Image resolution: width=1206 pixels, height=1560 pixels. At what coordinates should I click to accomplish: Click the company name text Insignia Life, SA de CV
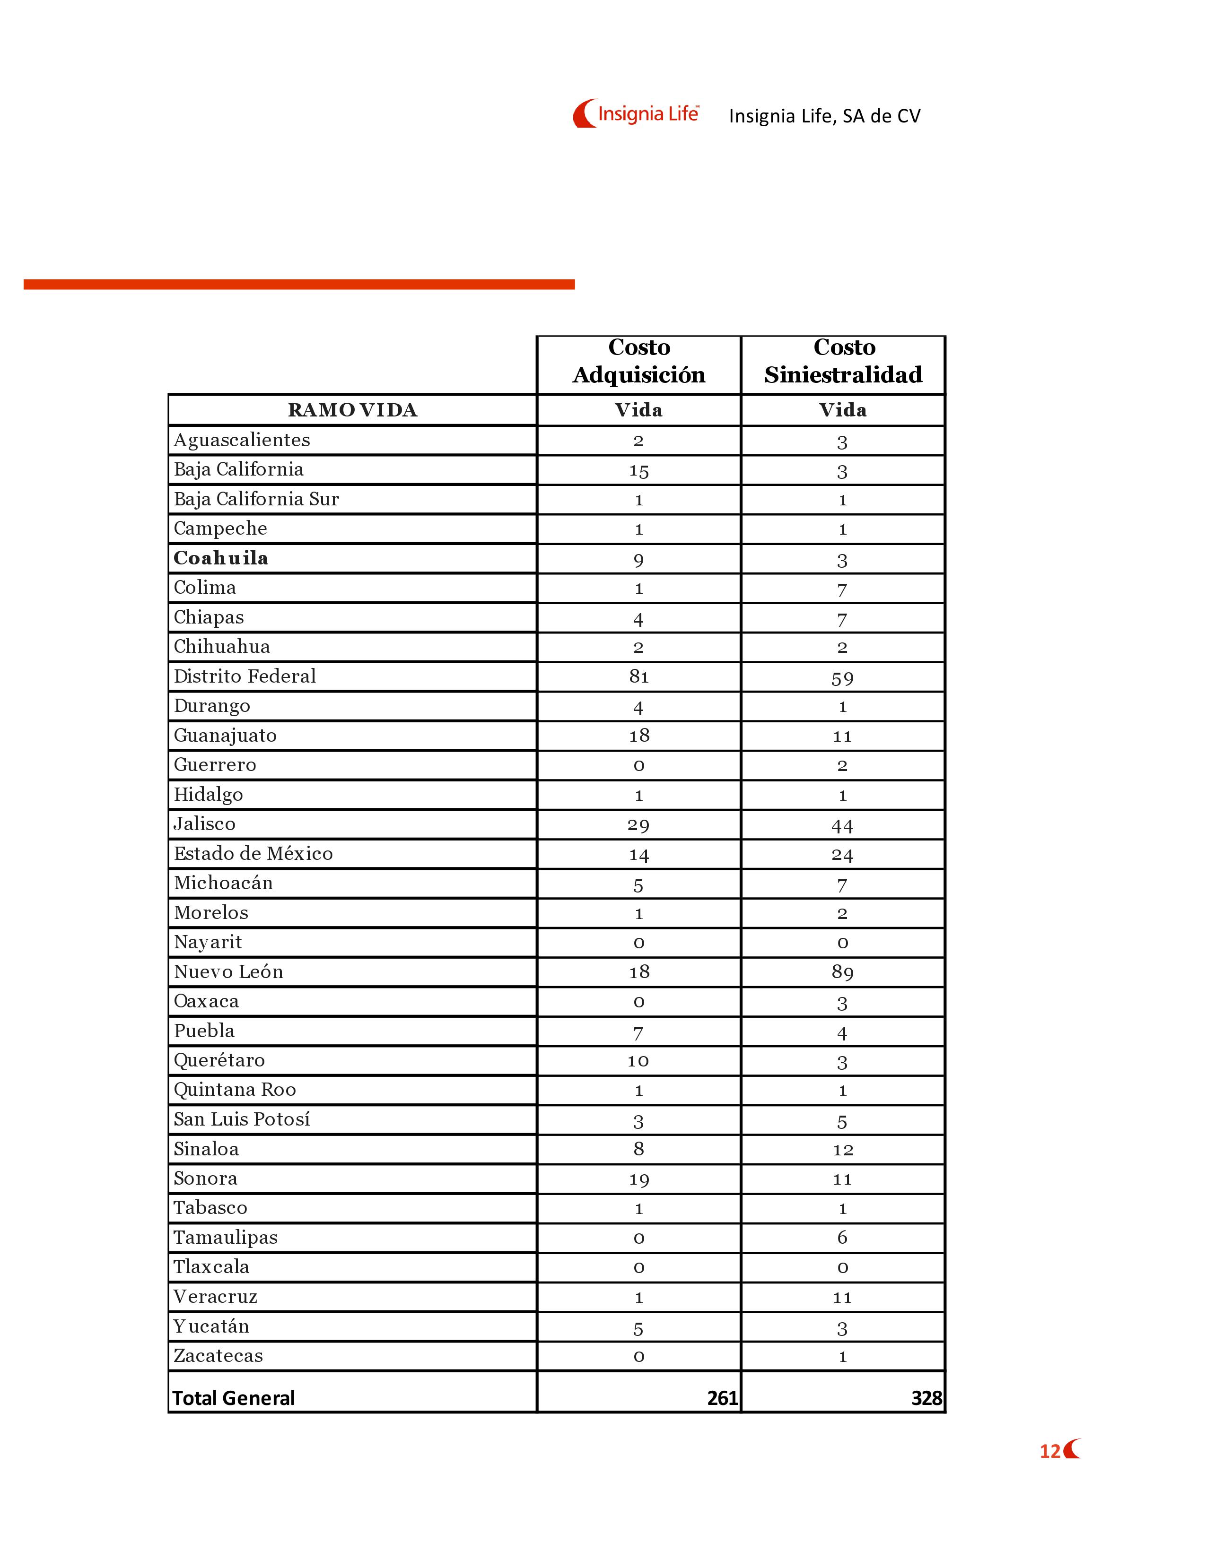(824, 116)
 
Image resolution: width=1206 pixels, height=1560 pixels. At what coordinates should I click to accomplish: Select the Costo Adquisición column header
(639, 362)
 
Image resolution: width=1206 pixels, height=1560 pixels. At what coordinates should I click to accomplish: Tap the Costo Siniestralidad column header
(843, 362)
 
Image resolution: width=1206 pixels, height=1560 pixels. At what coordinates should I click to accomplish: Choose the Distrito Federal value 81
(639, 676)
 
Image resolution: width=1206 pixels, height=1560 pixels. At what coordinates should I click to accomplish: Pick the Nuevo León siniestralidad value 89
(842, 972)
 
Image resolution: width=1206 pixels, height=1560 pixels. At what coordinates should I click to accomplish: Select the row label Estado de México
(253, 854)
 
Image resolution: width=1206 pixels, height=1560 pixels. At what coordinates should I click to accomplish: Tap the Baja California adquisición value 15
(639, 471)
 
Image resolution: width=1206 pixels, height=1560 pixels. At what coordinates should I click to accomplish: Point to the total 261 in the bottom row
(722, 1398)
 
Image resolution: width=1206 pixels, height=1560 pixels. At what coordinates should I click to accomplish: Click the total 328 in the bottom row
(926, 1398)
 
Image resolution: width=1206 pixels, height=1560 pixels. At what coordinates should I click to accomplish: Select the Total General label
(234, 1398)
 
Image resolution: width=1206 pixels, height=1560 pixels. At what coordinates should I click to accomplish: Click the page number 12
(1049, 1451)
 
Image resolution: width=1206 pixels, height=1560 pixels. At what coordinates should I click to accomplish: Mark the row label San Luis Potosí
(242, 1119)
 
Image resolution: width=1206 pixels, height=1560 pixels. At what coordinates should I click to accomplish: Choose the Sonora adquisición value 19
(639, 1179)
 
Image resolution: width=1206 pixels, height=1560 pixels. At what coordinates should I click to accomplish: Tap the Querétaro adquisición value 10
(639, 1061)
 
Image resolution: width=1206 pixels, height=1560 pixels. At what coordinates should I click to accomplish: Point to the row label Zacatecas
(218, 1356)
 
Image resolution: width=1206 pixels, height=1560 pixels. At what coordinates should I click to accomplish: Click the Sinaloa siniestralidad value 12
(842, 1149)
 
